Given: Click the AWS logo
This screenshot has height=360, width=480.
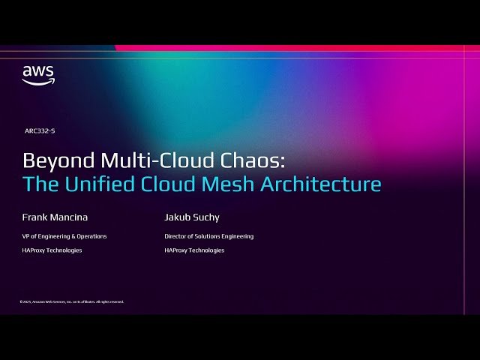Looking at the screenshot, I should [x=37, y=74].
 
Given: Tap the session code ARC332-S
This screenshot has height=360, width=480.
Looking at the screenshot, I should [x=40, y=130].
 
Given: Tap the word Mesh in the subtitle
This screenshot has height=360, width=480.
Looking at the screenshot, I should [x=230, y=184].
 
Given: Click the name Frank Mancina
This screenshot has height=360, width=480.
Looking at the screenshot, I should [x=55, y=217].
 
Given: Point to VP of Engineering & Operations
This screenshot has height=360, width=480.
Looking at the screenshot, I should [x=64, y=236].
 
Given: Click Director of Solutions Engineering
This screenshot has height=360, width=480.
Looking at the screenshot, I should [x=209, y=236].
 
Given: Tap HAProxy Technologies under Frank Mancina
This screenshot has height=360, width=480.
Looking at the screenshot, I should [x=52, y=250].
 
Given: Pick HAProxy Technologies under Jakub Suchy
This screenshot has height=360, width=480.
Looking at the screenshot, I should [x=194, y=250].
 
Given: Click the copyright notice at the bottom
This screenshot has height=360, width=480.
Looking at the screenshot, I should [x=72, y=301].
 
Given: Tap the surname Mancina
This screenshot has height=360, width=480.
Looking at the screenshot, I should [x=70, y=217].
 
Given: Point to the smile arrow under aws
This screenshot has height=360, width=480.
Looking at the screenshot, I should [x=37, y=82].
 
